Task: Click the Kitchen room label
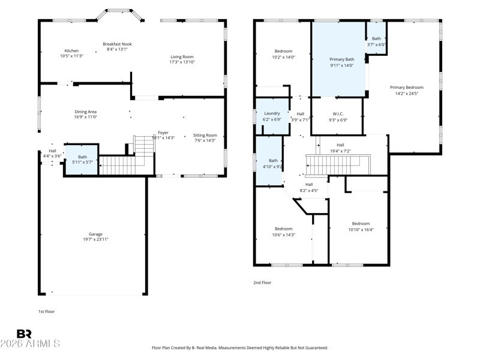click(71, 51)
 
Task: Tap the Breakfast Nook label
click(117, 44)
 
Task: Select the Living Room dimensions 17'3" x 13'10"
click(182, 62)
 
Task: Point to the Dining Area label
click(85, 112)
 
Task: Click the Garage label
click(95, 234)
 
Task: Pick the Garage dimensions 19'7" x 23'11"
click(95, 239)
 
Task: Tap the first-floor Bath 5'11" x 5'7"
click(82, 160)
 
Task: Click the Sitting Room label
click(205, 136)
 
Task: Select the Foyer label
click(163, 133)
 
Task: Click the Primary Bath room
click(338, 59)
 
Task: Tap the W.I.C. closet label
click(338, 114)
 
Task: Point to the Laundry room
click(272, 116)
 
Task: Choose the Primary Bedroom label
click(407, 88)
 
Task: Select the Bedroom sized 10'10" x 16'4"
click(361, 227)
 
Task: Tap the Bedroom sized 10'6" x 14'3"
click(283, 232)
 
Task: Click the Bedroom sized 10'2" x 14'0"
click(283, 54)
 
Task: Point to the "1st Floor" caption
click(46, 311)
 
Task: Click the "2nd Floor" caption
click(262, 283)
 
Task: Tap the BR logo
click(24, 334)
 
